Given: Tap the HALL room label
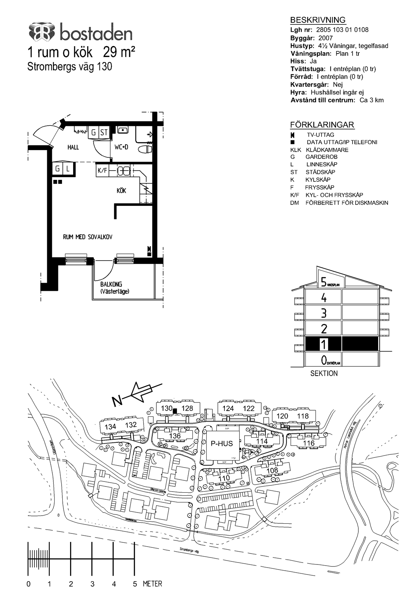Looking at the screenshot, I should pyautogui.click(x=73, y=147).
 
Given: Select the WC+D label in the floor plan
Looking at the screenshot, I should pyautogui.click(x=121, y=147).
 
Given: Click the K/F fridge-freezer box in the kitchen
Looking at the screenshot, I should pyautogui.click(x=102, y=170).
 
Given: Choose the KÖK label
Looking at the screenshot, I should pyautogui.click(x=122, y=191).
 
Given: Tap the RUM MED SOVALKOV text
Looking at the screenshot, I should pyautogui.click(x=87, y=237).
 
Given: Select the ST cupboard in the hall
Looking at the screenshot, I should pyautogui.click(x=104, y=133).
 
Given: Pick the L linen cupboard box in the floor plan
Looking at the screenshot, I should pyautogui.click(x=68, y=169).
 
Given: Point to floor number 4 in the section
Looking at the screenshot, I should pyautogui.click(x=324, y=298).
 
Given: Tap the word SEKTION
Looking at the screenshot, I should pyautogui.click(x=324, y=373).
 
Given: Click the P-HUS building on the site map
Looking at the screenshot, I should pyautogui.click(x=222, y=444).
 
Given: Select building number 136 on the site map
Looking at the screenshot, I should pyautogui.click(x=175, y=436).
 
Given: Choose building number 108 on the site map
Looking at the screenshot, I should pyautogui.click(x=272, y=470).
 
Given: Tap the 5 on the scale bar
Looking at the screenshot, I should pyautogui.click(x=135, y=584).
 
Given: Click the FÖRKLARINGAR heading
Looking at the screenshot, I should pyautogui.click(x=322, y=125).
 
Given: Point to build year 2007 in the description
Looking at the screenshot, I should pyautogui.click(x=325, y=38).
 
